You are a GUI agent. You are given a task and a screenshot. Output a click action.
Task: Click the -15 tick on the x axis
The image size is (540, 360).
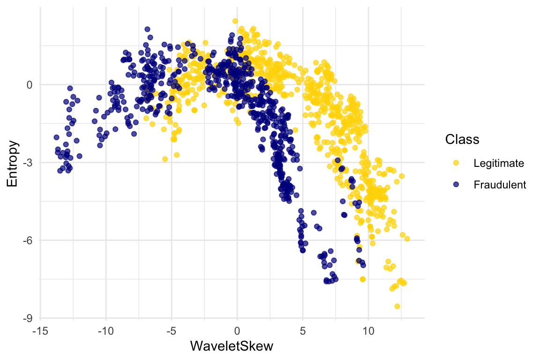[40, 331]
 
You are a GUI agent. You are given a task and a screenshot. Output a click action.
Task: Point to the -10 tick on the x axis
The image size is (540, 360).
[105, 331]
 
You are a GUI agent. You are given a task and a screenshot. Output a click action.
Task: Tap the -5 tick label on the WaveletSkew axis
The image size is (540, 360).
[171, 331]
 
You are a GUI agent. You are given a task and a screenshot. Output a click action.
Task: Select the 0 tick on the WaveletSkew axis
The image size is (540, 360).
[237, 331]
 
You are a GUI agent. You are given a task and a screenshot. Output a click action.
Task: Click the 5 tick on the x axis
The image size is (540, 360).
[303, 331]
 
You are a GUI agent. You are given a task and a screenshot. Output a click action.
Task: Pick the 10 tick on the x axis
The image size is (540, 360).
[368, 331]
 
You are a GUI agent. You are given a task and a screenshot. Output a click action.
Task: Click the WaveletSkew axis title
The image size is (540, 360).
[232, 346]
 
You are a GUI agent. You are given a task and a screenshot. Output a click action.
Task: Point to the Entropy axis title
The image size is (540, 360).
[13, 163]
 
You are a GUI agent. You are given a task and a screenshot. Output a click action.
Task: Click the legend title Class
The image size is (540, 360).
[462, 139]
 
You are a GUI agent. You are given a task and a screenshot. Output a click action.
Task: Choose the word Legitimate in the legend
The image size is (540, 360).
[499, 163]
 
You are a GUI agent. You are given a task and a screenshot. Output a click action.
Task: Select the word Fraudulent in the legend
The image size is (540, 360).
[500, 185]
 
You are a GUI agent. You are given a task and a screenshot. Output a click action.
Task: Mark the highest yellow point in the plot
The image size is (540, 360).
[235, 21]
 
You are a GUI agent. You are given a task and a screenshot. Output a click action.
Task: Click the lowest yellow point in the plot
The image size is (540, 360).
[397, 306]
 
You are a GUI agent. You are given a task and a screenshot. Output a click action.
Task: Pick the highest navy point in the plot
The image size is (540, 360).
[147, 29]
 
